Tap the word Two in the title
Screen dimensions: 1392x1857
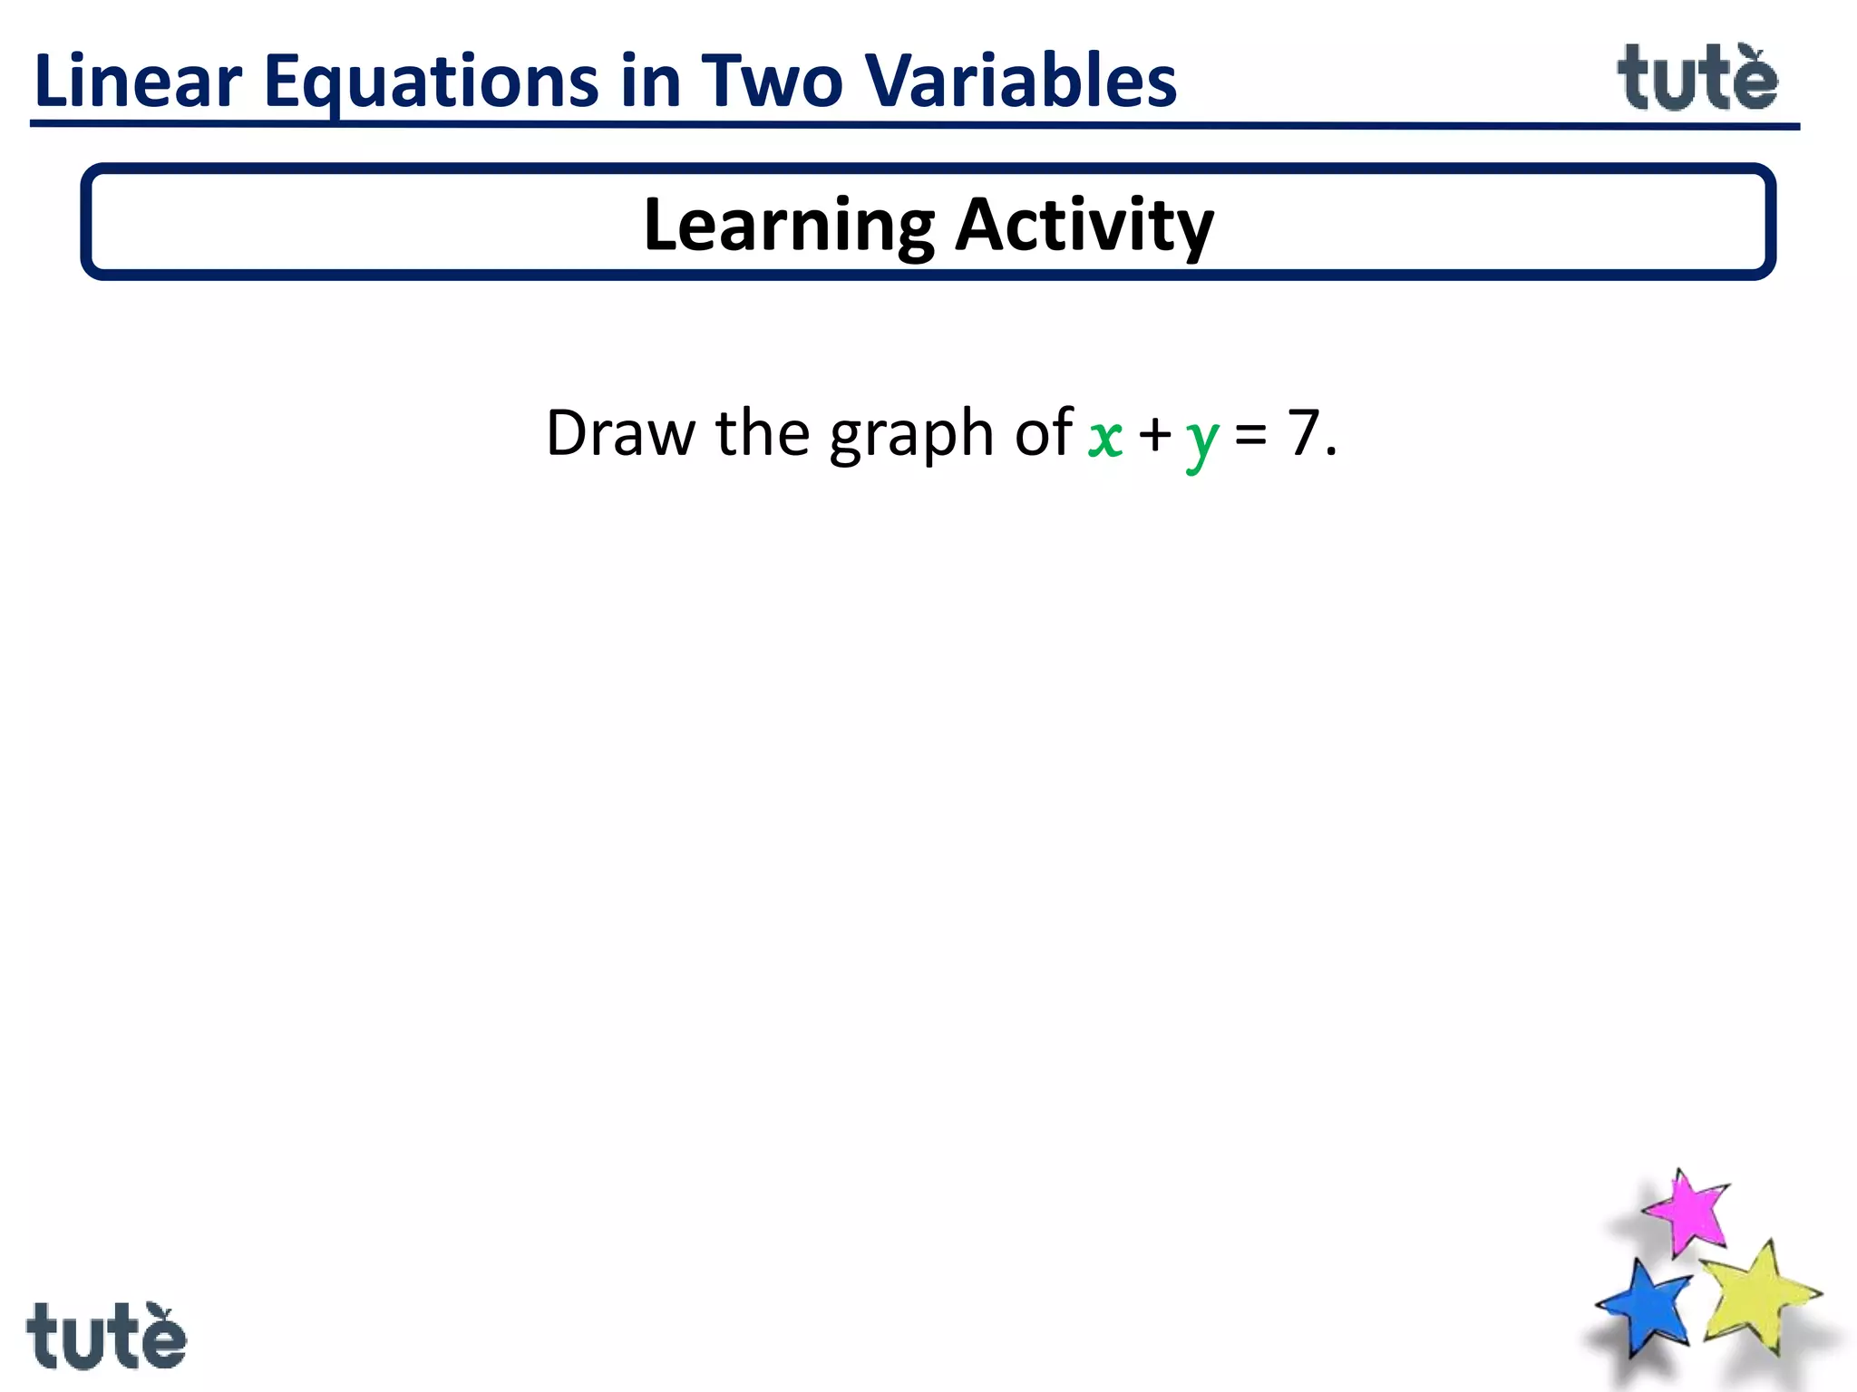[772, 82]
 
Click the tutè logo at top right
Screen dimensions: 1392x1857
[1697, 79]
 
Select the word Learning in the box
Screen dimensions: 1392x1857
[788, 226]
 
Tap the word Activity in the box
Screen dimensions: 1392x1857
[1084, 226]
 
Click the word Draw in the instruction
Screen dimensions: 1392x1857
[621, 433]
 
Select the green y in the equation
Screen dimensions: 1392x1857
[1202, 441]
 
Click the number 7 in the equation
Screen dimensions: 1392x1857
[1303, 432]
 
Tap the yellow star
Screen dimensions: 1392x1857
[1757, 1296]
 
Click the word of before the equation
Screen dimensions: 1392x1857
[1044, 432]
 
